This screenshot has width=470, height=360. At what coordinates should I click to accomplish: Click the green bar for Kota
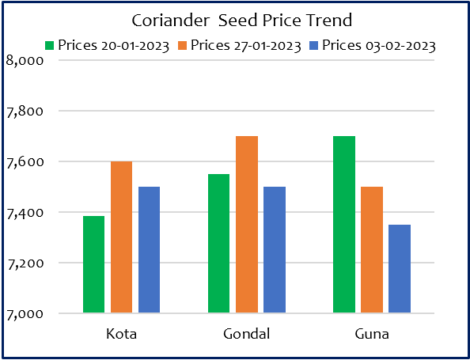(x=94, y=264)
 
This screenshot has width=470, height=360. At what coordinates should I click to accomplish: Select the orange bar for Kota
(x=121, y=237)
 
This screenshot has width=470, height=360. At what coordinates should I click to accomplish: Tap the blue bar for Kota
(x=149, y=250)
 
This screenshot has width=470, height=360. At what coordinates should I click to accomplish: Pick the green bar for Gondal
(x=219, y=244)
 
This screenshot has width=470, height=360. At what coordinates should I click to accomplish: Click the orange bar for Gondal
(x=247, y=225)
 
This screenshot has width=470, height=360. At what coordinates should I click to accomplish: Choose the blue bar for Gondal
(x=275, y=250)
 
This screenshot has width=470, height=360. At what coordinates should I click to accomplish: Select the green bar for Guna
(x=344, y=225)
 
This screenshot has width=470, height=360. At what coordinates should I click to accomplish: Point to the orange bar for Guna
(x=372, y=250)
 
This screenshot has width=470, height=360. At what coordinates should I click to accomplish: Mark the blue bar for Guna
(x=400, y=269)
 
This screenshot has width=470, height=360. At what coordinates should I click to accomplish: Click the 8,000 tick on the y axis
(x=25, y=61)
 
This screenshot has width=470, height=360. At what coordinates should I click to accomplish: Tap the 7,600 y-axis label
(x=25, y=162)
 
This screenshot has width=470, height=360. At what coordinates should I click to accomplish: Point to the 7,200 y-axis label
(x=25, y=263)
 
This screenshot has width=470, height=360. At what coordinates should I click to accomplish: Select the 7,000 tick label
(x=25, y=314)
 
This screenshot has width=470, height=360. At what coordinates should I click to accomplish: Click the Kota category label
(x=121, y=334)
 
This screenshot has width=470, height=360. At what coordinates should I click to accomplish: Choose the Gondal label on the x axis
(x=246, y=334)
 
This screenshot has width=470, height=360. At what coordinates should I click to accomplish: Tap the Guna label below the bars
(x=372, y=334)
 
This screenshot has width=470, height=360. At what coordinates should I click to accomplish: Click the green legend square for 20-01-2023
(x=49, y=46)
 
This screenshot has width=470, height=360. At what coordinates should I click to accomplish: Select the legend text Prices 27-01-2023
(x=246, y=46)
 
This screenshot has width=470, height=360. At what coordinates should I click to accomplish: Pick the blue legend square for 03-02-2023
(x=313, y=46)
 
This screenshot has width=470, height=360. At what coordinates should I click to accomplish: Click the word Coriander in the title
(x=170, y=21)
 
